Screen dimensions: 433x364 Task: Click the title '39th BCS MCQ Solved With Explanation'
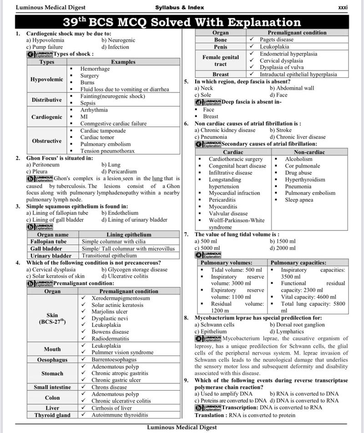(x=182, y=22)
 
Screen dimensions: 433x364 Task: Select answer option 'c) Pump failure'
(x=45, y=47)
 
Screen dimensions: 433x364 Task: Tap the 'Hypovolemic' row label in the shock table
(x=47, y=79)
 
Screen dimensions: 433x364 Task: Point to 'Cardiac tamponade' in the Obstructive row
(x=102, y=131)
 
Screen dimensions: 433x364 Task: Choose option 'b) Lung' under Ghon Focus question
(x=111, y=165)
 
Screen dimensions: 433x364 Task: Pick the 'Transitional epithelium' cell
(x=109, y=256)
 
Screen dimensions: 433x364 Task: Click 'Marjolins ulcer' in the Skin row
(x=110, y=311)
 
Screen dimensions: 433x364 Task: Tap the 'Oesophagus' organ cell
(x=52, y=360)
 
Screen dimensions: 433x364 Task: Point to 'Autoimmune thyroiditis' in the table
(x=120, y=415)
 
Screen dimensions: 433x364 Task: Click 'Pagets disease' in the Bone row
(x=277, y=40)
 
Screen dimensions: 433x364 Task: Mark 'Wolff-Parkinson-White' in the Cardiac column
(x=236, y=220)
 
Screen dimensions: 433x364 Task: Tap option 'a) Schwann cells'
(x=214, y=325)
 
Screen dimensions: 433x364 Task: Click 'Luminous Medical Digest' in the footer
(x=182, y=427)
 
